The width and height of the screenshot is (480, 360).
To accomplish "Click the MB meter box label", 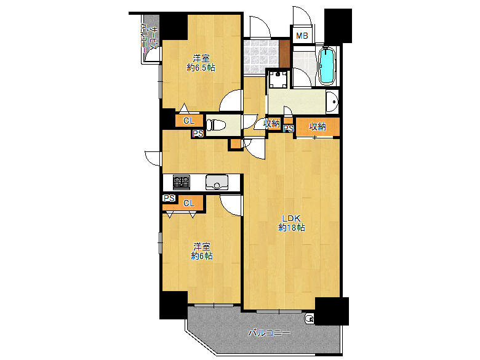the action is point(302,36).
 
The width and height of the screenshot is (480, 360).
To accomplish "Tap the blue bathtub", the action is point(327,66).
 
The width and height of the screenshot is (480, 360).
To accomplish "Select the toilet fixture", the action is point(217,125).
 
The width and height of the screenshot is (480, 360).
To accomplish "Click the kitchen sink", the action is point(217,182).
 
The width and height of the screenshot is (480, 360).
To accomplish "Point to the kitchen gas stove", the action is point(182,182).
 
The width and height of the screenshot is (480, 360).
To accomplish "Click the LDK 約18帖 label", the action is point(292,223).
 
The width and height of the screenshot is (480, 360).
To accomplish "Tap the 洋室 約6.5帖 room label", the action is point(201,63).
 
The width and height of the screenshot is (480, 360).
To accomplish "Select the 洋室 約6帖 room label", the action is point(201,251).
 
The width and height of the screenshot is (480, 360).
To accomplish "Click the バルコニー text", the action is point(269,333).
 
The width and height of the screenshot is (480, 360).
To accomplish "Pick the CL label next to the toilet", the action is point(189,121).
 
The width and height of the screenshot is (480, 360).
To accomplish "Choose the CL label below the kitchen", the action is point(189,203).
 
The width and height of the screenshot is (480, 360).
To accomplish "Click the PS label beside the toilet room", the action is point(198,134).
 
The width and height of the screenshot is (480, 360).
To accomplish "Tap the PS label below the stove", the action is point(169,198).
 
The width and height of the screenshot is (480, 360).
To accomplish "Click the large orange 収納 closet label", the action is point(318,126).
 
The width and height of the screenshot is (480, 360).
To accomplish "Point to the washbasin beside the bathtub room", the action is point(332,102).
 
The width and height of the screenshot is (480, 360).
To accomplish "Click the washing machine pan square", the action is point(278,79).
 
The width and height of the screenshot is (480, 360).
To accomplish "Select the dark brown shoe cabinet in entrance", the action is point(284,54).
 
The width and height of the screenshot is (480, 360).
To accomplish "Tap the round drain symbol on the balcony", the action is point(309,319).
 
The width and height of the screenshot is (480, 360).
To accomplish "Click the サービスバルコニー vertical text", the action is point(150,38).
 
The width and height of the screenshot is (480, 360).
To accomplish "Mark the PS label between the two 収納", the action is point(289,129).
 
